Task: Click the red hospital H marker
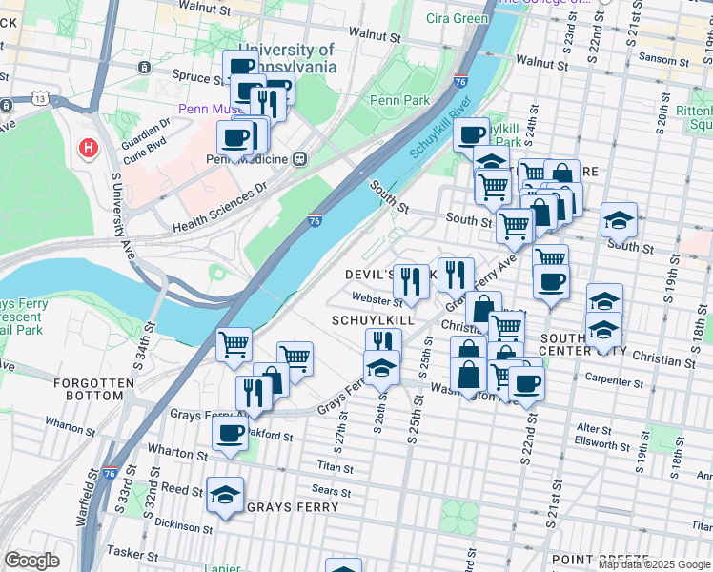(x=89, y=149)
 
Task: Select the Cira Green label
(x=457, y=18)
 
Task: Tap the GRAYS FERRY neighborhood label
(x=292, y=507)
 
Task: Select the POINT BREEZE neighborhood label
(x=600, y=560)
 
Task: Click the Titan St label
(x=336, y=469)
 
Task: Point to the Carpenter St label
(x=616, y=381)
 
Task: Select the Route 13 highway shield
(x=39, y=97)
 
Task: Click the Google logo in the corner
(x=31, y=561)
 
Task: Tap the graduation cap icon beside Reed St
(x=226, y=494)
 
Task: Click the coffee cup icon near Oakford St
(x=229, y=433)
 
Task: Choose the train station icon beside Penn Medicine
(x=300, y=158)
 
